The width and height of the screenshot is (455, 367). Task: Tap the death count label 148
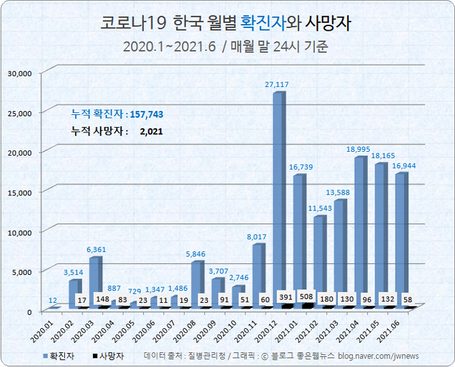tap(102, 299)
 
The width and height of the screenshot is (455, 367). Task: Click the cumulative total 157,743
tap(147, 114)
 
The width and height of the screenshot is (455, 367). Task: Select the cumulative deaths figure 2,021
tap(151, 132)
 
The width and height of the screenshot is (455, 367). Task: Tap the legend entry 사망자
tap(111, 356)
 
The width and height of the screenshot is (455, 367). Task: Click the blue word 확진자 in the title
tap(263, 23)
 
